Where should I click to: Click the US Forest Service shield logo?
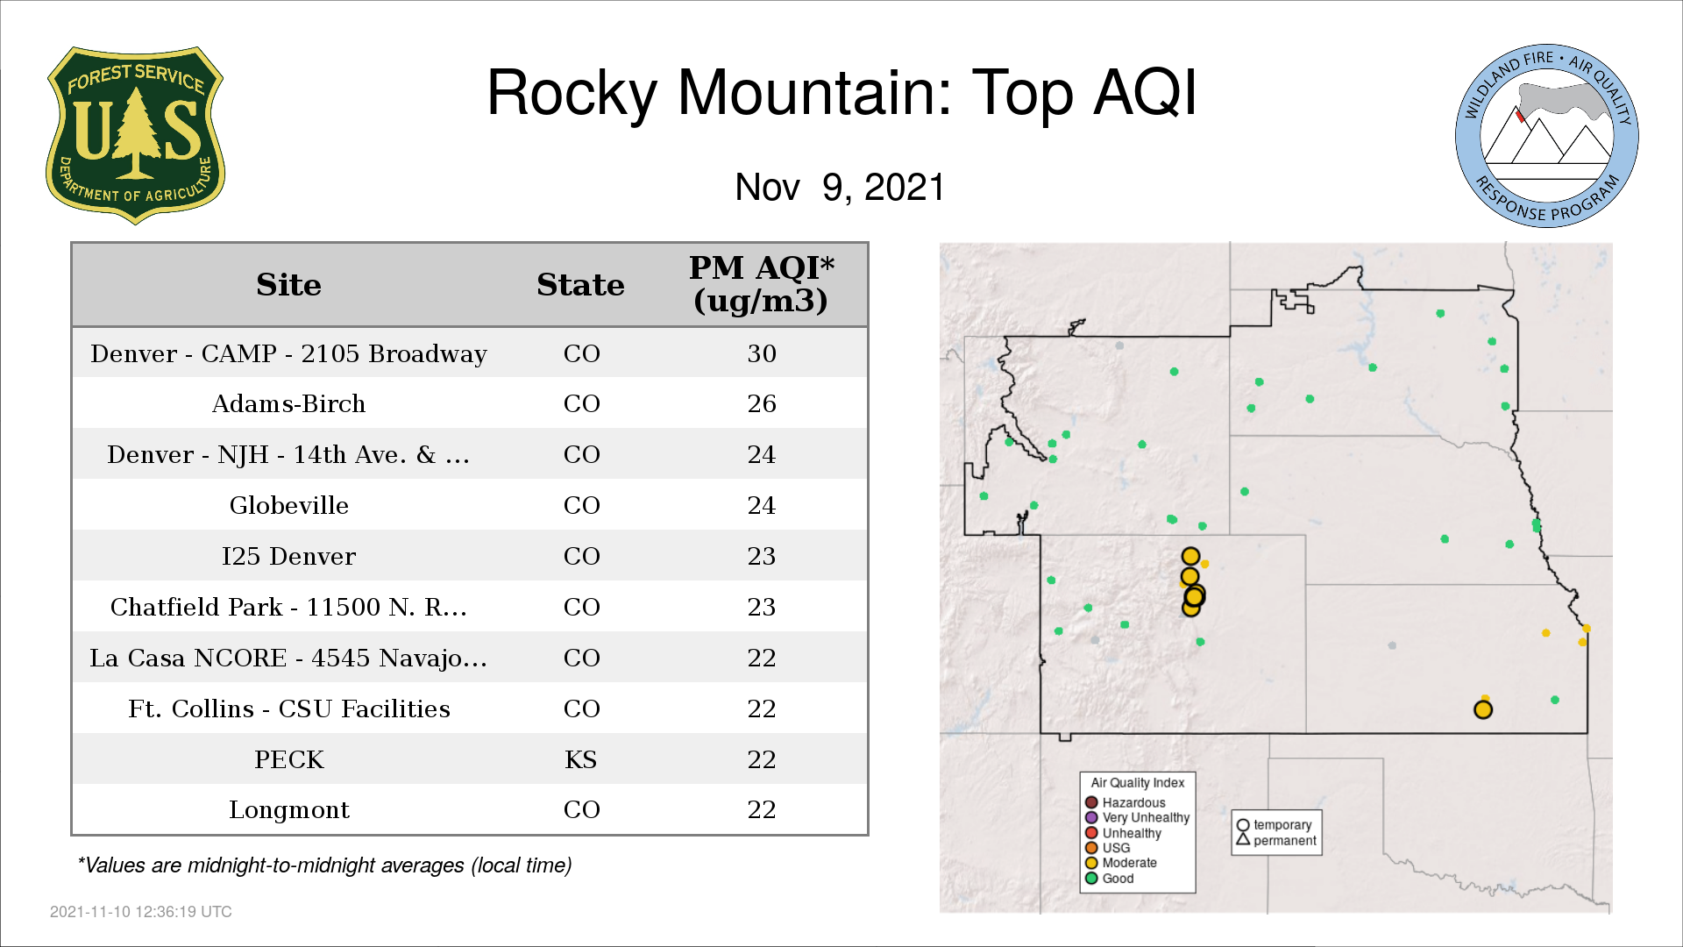click(x=135, y=135)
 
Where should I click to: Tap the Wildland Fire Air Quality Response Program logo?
click(x=1547, y=136)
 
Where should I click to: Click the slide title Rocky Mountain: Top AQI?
click(x=841, y=92)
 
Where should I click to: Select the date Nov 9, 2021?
click(x=840, y=187)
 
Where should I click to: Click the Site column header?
click(x=289, y=285)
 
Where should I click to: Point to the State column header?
click(x=580, y=285)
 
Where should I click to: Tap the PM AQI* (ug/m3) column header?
click(x=761, y=284)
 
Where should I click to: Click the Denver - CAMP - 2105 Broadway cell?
click(x=288, y=353)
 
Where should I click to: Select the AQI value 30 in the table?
click(x=762, y=353)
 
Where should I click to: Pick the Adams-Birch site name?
click(x=288, y=404)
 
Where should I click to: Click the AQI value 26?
click(x=762, y=404)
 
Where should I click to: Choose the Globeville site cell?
click(x=289, y=505)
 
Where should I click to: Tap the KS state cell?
click(x=581, y=759)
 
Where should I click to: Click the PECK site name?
click(x=289, y=759)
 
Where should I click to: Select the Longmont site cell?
click(x=289, y=810)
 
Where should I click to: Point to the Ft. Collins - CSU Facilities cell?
click(x=289, y=708)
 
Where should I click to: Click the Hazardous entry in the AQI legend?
click(x=1126, y=802)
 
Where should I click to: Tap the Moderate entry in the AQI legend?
click(x=1121, y=863)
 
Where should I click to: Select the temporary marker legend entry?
click(x=1275, y=825)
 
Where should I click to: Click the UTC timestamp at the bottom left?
click(x=141, y=912)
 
